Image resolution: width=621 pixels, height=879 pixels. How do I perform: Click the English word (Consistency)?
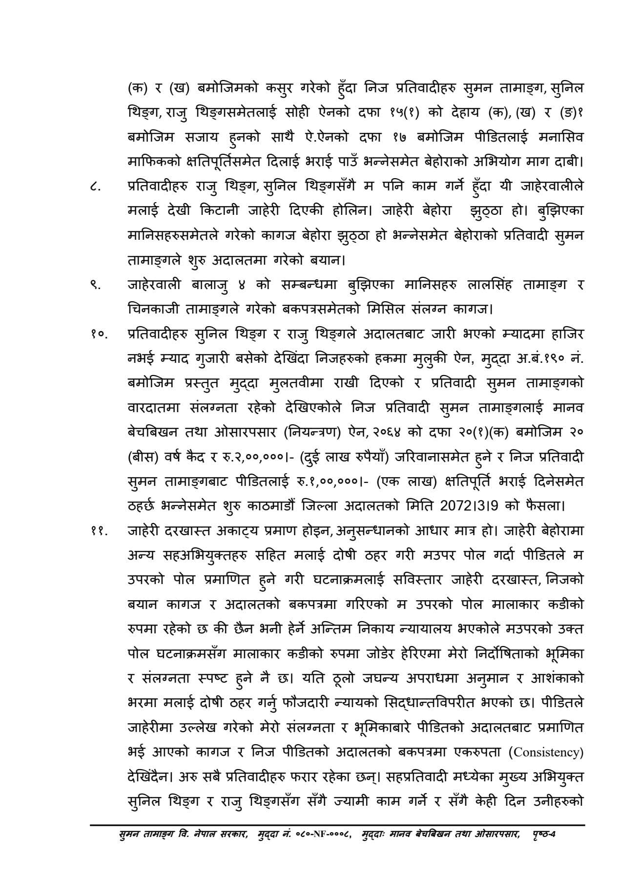(545, 753)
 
